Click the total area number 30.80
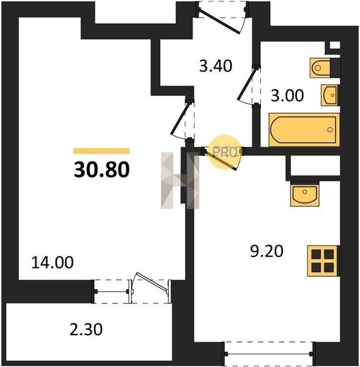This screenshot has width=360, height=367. coord(101,169)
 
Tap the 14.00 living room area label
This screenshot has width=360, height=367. coord(52,262)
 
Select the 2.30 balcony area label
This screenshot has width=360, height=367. coord(86,329)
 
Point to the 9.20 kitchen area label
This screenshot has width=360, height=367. coord(266,251)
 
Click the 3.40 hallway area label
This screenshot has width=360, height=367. coord(216,66)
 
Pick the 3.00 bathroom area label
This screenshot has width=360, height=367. coord(287,95)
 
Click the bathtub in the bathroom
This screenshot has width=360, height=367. coord(304,130)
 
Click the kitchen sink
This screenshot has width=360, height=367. coord(304,195)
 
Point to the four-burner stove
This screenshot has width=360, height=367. coord(323,261)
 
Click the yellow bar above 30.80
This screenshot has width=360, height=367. coord(101,150)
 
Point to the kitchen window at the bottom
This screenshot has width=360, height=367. coord(268,354)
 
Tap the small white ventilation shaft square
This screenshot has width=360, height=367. coord(335,45)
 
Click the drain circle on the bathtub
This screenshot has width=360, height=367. coord(330,130)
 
